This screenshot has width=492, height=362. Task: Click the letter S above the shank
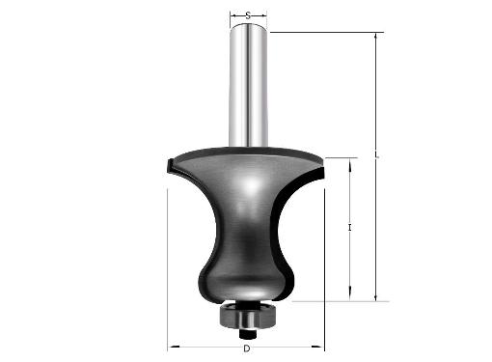(248, 15)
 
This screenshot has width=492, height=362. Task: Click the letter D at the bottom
(247, 348)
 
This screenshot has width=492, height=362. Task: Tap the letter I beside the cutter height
(350, 228)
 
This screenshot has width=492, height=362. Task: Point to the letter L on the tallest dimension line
(377, 157)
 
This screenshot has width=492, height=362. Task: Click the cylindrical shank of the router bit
(248, 85)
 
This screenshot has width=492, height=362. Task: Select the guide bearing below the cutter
(247, 316)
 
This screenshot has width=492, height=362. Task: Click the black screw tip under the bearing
(248, 334)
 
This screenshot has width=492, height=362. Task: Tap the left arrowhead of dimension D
(175, 347)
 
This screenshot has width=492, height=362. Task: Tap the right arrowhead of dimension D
(316, 347)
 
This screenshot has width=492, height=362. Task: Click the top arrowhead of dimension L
(375, 38)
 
